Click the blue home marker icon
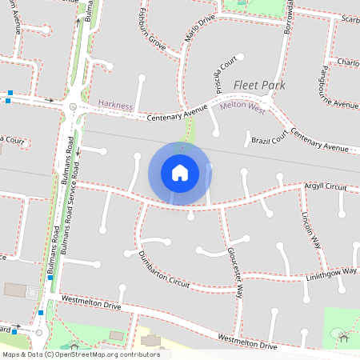coord(180,173)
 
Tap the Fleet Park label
coord(260,85)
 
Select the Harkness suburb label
coord(115,104)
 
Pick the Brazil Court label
coord(269,140)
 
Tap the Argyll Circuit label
coord(325,186)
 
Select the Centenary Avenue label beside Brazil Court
coord(319,141)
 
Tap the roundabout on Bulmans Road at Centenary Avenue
coord(73,106)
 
